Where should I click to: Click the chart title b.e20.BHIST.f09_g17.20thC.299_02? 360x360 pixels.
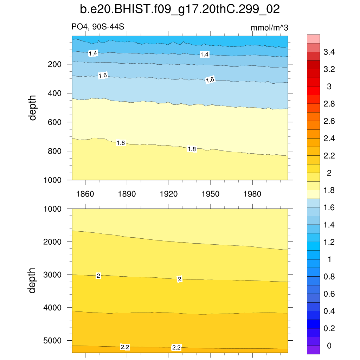pyautogui.click(x=180, y=9)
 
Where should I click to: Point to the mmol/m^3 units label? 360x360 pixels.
pyautogui.click(x=269, y=28)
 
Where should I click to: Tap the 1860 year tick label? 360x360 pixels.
pyautogui.click(x=85, y=194)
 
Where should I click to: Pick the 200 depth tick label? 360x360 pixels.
pyautogui.click(x=55, y=64)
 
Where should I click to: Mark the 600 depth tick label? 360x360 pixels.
pyautogui.click(x=55, y=122)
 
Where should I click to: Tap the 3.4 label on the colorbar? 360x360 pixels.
pyautogui.click(x=329, y=52)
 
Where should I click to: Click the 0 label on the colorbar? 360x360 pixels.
pyautogui.click(x=329, y=346)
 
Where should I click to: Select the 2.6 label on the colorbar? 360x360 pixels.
pyautogui.click(x=329, y=122)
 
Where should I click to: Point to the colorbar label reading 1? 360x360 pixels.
pyautogui.click(x=329, y=260)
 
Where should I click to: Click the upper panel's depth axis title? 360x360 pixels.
pyautogui.click(x=33, y=108)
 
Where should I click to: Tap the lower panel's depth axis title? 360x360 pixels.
pyautogui.click(x=33, y=281)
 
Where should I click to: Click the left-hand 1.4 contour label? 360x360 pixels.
pyautogui.click(x=93, y=53)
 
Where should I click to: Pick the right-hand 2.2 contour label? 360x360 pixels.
pyautogui.click(x=176, y=348)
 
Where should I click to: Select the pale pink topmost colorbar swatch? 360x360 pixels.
pyautogui.click(x=313, y=39)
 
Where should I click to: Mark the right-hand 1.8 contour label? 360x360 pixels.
pyautogui.click(x=192, y=149)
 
